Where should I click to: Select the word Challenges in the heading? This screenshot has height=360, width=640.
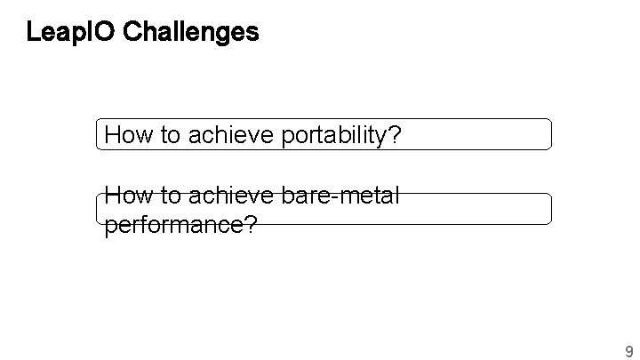point(191,34)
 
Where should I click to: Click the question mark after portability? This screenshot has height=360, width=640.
point(396,136)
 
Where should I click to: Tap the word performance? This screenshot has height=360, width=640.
point(174,225)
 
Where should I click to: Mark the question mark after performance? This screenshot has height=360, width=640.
point(251,224)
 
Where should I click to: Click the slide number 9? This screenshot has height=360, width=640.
point(629,349)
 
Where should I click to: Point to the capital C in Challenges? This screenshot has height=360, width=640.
point(133,34)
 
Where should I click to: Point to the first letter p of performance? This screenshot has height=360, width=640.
point(110,227)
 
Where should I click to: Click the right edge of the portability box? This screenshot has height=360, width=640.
point(551,134)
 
